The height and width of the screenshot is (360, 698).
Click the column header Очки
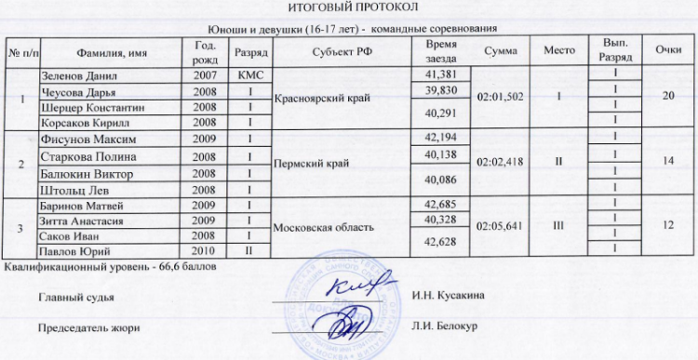click(x=664, y=51)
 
